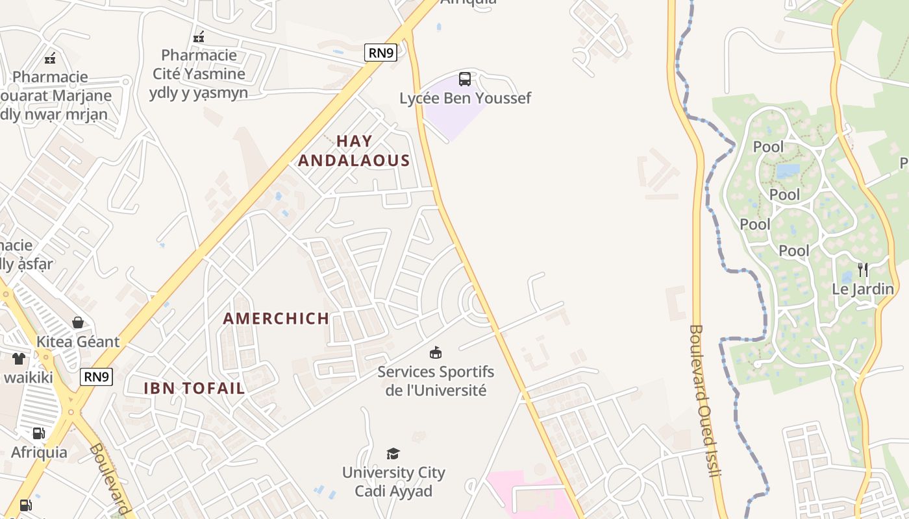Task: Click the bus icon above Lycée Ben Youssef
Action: pyautogui.click(x=465, y=79)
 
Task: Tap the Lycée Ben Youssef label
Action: pyautogui.click(x=465, y=99)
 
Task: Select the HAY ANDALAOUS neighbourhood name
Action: pyautogui.click(x=355, y=151)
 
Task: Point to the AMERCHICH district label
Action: pyautogui.click(x=276, y=319)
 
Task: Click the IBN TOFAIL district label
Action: pyautogui.click(x=194, y=389)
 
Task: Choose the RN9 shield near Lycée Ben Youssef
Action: pyautogui.click(x=380, y=53)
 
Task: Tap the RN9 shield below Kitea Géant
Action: pyautogui.click(x=97, y=377)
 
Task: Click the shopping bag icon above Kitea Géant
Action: pyautogui.click(x=78, y=322)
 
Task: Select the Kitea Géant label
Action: pyautogui.click(x=78, y=342)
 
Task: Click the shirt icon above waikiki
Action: pyautogui.click(x=19, y=359)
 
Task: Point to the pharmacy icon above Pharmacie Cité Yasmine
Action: pyautogui.click(x=199, y=36)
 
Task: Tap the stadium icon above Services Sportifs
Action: pyautogui.click(x=436, y=353)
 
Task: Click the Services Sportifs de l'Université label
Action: pyautogui.click(x=436, y=381)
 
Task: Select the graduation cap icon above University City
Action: pyautogui.click(x=393, y=453)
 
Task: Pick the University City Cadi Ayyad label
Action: pyautogui.click(x=393, y=481)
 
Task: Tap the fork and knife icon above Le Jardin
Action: pyautogui.click(x=863, y=270)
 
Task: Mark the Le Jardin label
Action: pyautogui.click(x=863, y=289)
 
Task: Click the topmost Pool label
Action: pyautogui.click(x=768, y=147)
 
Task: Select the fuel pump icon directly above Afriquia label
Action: pyautogui.click(x=39, y=433)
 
